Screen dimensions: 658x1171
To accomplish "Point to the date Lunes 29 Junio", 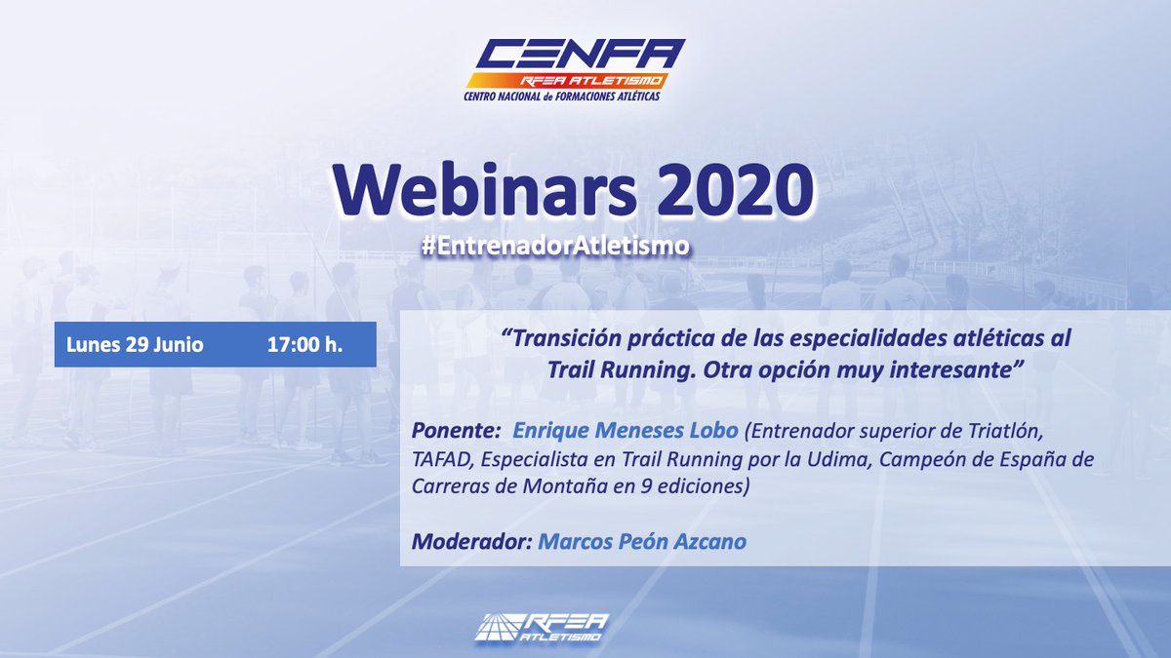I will coord(135,345).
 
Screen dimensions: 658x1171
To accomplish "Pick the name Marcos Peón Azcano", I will coord(642,541).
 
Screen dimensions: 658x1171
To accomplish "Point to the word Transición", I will coord(570,340).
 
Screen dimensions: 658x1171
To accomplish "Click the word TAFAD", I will coord(445,458).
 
